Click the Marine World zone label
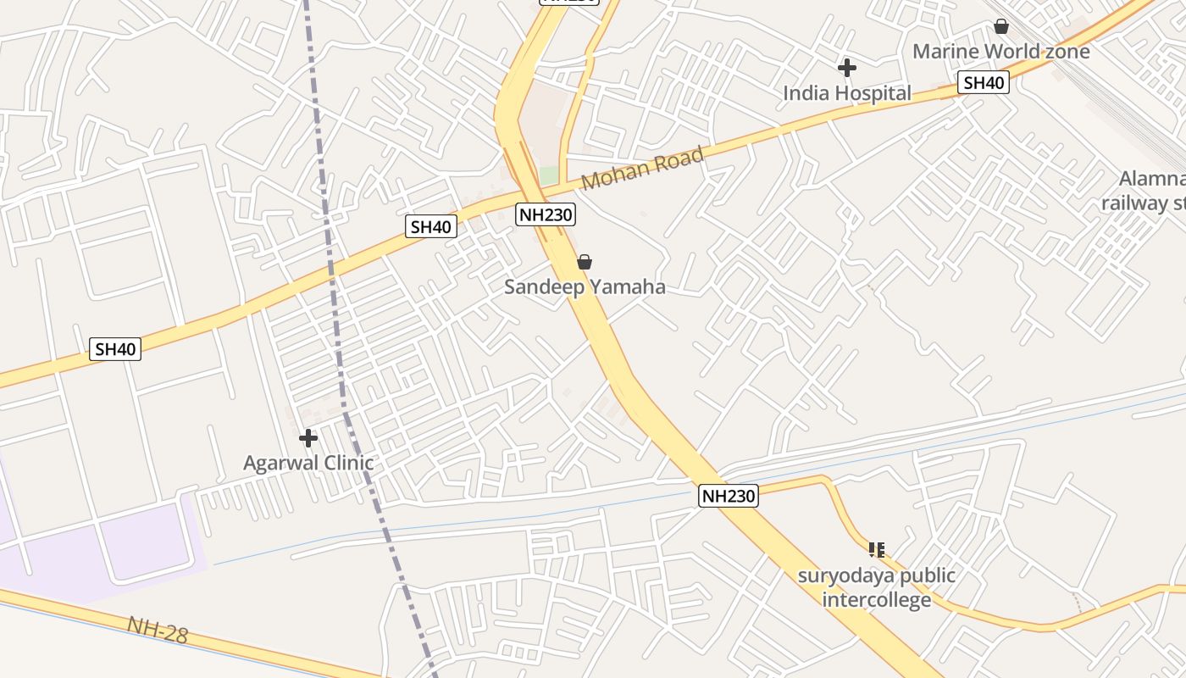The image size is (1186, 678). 1000,52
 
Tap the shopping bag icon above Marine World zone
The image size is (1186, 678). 1001,26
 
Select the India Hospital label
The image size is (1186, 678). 846,93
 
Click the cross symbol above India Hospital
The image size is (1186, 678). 846,68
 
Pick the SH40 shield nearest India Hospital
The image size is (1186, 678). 984,82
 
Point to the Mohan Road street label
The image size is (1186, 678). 643,169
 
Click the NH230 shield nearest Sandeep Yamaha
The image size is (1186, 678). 546,214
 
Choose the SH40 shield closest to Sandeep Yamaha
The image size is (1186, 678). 431,226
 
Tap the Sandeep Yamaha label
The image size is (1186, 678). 585,287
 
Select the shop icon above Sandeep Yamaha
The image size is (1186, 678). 585,262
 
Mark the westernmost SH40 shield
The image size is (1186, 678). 115,348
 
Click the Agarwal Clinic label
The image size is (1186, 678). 308,464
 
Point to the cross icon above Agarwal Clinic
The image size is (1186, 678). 308,438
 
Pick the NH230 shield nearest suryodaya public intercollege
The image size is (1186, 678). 729,496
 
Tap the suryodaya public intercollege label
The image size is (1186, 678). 877,587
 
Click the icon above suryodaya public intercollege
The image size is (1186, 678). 877,550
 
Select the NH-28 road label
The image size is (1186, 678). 158,630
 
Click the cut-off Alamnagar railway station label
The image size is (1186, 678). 1148,191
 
